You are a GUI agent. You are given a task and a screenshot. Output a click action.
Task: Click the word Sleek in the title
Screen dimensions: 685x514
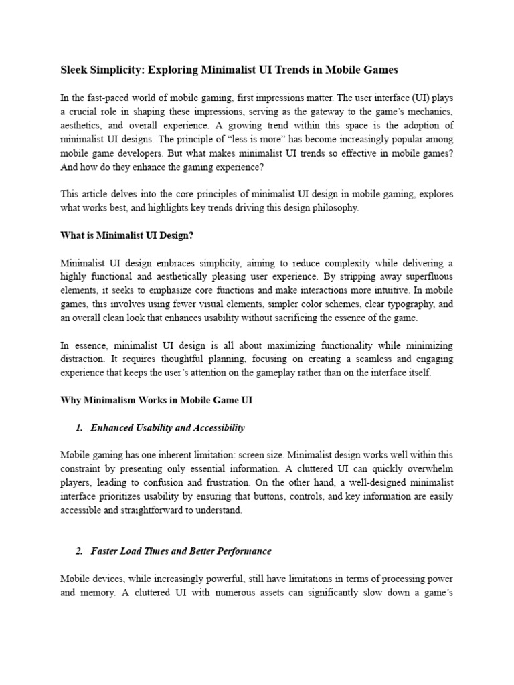click(x=76, y=70)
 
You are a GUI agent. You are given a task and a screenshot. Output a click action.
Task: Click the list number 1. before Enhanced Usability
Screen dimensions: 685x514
click(x=79, y=427)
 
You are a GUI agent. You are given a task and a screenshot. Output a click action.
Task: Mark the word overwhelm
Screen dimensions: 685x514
click(x=429, y=468)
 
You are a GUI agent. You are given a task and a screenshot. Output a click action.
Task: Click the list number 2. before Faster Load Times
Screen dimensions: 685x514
click(x=79, y=551)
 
